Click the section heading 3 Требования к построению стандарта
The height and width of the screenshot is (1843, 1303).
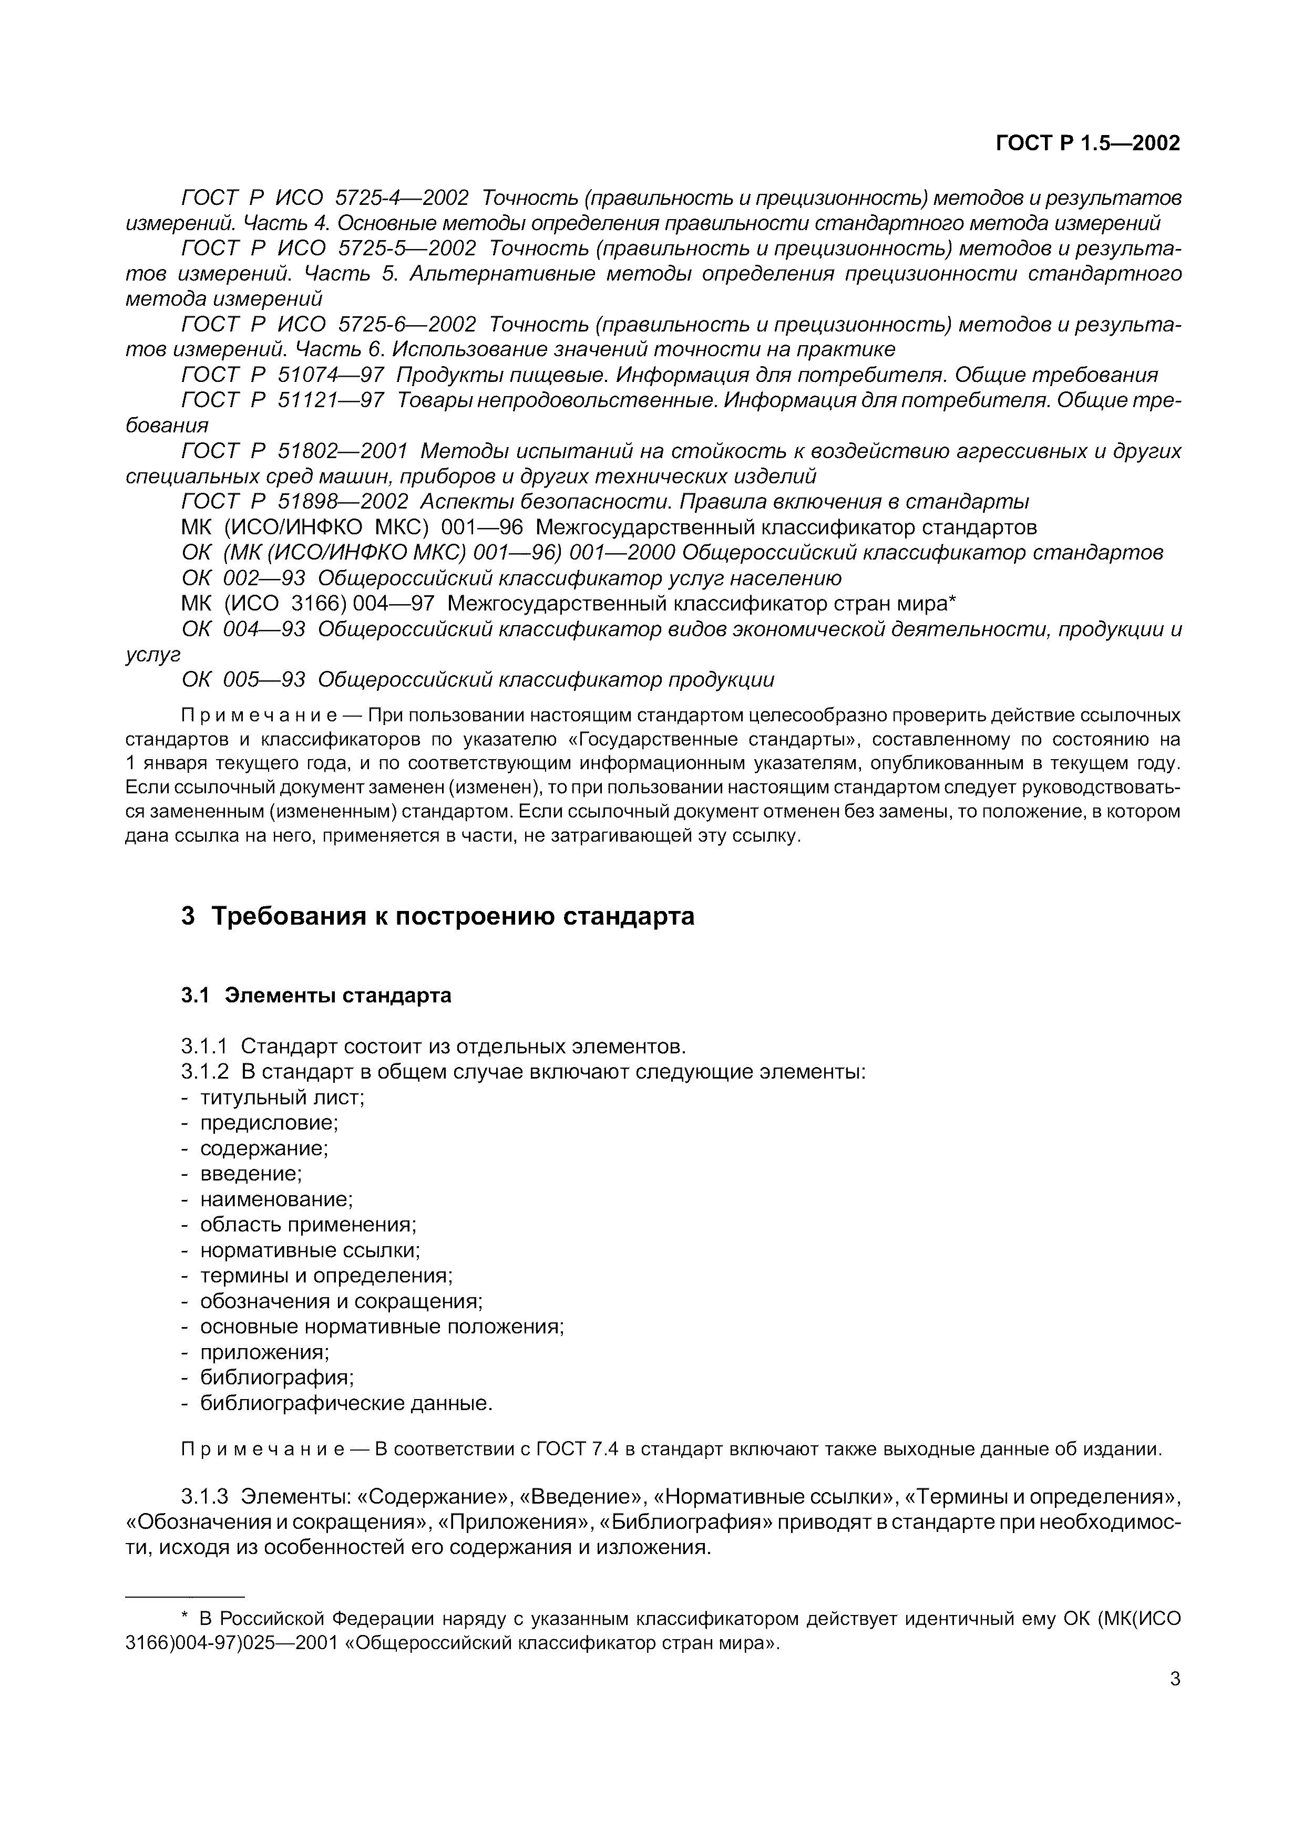click(x=437, y=916)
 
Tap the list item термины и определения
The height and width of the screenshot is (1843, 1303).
click(x=326, y=1276)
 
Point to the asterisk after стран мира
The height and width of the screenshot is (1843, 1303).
click(x=952, y=600)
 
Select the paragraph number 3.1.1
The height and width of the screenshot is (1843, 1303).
click(x=204, y=1047)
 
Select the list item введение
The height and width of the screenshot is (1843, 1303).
click(x=251, y=1174)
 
